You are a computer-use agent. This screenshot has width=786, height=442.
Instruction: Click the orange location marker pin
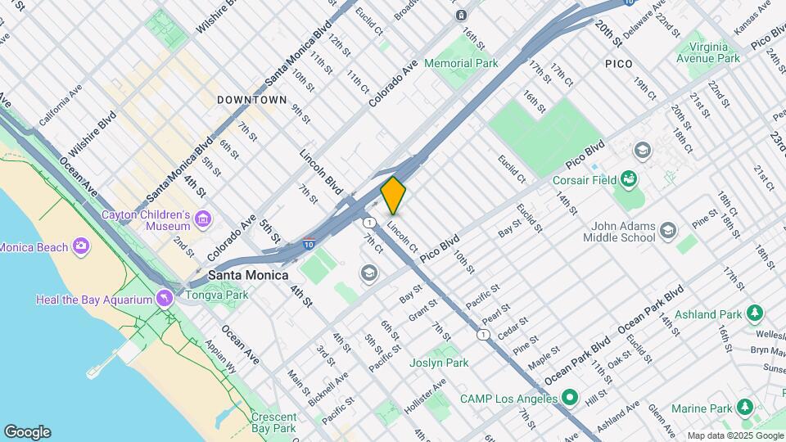pos(393,195)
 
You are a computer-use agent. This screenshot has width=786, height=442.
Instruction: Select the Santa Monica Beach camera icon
pos(80,246)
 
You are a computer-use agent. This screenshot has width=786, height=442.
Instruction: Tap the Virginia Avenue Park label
pos(708,52)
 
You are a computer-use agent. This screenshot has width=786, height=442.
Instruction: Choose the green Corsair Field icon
pos(628,178)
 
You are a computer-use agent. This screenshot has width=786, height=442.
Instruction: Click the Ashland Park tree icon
pos(754,313)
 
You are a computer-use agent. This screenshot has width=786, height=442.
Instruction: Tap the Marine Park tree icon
pos(744,408)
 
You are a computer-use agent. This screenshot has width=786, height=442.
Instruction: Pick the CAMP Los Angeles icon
pos(571,399)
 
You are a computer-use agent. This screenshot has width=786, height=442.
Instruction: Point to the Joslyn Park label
pos(439,363)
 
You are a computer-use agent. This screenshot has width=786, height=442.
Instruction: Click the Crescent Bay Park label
pos(273,422)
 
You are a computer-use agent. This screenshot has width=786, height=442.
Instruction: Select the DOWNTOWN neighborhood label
pos(252,100)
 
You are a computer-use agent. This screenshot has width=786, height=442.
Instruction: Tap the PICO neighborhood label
pos(620,63)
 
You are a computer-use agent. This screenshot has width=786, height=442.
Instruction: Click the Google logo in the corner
pos(26,432)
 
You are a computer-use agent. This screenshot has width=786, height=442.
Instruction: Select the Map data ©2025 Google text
pos(734,435)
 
